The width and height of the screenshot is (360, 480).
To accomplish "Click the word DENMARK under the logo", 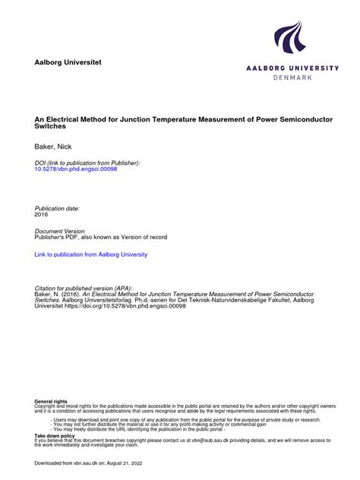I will tap(292, 77).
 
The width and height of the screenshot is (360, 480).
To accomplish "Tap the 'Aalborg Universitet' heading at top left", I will tap(68, 62).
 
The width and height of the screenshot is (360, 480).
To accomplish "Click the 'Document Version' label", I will tap(60, 231).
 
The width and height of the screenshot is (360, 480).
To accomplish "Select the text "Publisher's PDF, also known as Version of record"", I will tap(101, 238).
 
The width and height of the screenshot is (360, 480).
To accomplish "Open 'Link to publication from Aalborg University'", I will tap(91, 254).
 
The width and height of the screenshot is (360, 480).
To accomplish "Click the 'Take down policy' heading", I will tap(55, 435).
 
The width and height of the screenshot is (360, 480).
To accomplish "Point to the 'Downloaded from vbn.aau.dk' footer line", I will tap(84, 462).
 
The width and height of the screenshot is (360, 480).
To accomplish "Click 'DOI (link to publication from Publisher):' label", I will tap(87, 162).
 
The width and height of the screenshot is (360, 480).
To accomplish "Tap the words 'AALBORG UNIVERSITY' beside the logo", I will tap(292, 68).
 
